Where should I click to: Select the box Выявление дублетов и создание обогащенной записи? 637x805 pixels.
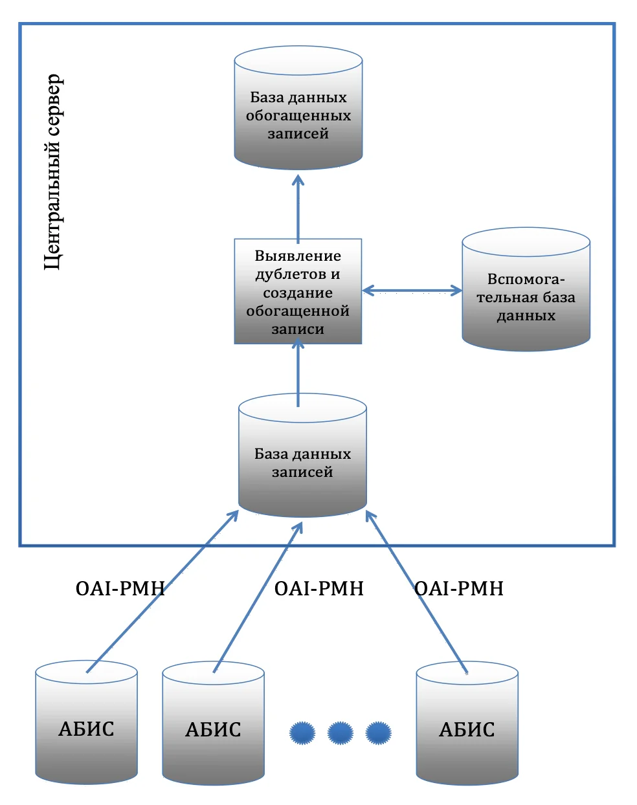click(298, 291)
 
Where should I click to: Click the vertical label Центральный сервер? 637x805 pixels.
click(54, 172)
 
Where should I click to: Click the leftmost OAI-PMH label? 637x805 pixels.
click(120, 589)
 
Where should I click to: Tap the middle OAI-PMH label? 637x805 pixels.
click(318, 589)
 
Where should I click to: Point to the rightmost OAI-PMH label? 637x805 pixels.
click(458, 589)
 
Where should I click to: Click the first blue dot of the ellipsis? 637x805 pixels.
click(302, 733)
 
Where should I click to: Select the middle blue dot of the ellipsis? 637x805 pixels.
click(340, 733)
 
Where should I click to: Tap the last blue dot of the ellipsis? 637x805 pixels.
click(378, 733)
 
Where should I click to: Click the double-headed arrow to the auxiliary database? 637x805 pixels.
click(412, 291)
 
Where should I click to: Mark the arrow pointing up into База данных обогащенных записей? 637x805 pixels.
click(298, 207)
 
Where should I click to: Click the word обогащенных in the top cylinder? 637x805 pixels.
click(298, 116)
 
